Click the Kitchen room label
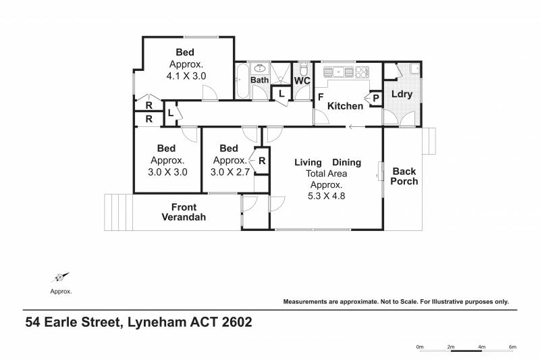(345, 106)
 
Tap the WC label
(302, 80)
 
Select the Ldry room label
(402, 94)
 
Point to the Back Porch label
(404, 176)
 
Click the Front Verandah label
(184, 212)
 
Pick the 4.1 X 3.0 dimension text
(186, 76)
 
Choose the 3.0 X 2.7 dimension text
(230, 172)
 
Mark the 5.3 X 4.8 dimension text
(326, 196)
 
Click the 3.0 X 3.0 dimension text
(167, 172)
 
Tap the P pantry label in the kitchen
(376, 99)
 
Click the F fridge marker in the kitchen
(321, 97)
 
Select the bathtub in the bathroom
(242, 81)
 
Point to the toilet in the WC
(303, 70)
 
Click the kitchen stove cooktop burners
(362, 72)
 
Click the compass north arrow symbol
(61, 277)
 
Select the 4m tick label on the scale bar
(481, 346)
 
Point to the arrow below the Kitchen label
(357, 127)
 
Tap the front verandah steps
(119, 212)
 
